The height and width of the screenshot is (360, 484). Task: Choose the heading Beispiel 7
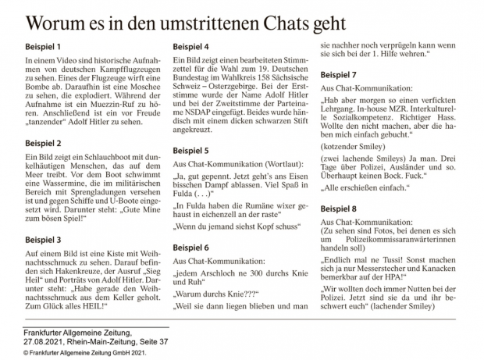click(x=343, y=75)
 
